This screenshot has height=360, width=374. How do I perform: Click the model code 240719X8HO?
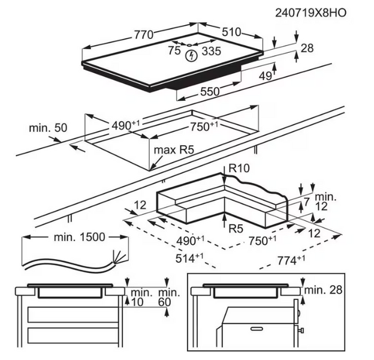tap(310, 11)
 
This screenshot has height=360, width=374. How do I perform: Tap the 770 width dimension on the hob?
tap(144, 34)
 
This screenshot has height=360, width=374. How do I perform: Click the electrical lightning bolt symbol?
tap(191, 56)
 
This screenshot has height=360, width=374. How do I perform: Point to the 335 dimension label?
tap(210, 52)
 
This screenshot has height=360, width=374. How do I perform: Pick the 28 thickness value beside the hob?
tap(307, 48)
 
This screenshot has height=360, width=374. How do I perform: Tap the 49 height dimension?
tap(264, 75)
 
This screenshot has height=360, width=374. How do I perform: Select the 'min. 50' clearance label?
tap(47, 128)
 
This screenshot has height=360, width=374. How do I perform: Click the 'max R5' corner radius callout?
tap(174, 149)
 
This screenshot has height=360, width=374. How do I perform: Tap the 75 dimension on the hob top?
tap(174, 52)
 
